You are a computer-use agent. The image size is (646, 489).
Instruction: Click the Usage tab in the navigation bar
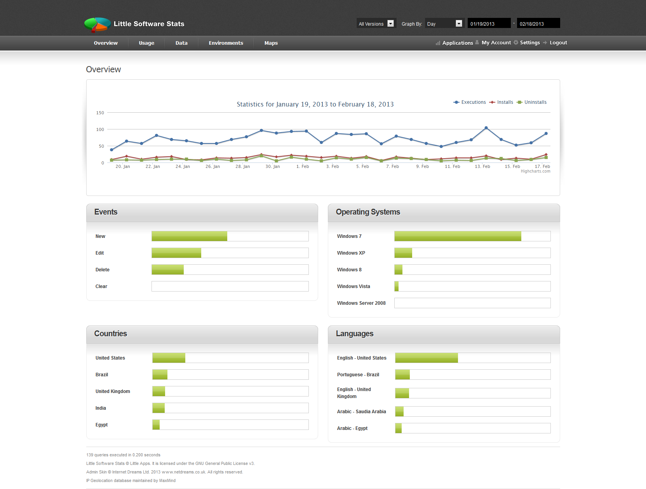[146, 43]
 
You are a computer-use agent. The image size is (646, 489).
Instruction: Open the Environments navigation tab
[226, 43]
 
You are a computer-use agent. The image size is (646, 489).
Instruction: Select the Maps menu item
[271, 43]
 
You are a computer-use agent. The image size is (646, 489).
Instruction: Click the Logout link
[558, 43]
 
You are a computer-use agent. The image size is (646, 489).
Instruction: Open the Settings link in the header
[529, 43]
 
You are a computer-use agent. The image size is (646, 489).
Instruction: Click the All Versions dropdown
[376, 24]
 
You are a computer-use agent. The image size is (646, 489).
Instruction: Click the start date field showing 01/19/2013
[488, 24]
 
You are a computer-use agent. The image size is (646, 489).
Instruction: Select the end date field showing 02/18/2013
[538, 24]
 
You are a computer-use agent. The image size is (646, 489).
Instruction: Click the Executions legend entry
[473, 102]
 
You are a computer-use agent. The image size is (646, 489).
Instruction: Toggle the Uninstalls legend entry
[535, 102]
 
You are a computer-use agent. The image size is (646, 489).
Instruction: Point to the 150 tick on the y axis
[100, 113]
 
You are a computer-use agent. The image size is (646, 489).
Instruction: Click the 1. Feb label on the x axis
[303, 166]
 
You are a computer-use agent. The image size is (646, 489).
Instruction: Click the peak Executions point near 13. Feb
[486, 128]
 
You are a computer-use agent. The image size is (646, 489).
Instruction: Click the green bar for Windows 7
[458, 236]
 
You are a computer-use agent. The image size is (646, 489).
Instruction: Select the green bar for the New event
[189, 236]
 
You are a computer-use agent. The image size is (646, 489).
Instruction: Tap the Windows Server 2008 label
[361, 303]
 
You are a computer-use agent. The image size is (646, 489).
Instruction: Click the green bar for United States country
[169, 358]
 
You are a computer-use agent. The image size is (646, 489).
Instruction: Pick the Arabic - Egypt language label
[352, 428]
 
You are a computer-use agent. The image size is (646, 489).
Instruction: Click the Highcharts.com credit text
[535, 171]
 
